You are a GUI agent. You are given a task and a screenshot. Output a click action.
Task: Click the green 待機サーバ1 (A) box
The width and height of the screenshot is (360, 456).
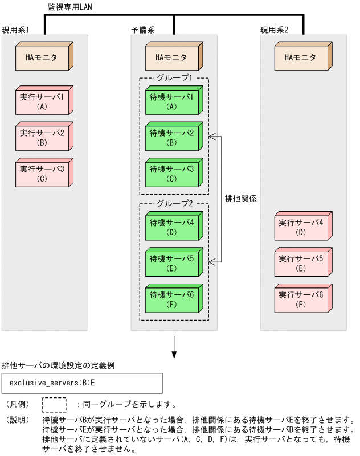[171, 101]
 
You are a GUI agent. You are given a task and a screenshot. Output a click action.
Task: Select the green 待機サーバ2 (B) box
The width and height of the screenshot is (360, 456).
[171, 137]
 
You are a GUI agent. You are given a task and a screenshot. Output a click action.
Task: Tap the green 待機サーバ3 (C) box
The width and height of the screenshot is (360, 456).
[171, 173]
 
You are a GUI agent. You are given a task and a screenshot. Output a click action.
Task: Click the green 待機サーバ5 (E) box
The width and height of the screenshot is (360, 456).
[171, 262]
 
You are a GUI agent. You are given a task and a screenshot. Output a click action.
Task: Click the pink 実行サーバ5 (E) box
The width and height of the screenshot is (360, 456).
[300, 262]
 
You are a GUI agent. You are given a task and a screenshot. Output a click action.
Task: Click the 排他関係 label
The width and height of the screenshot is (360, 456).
[242, 199]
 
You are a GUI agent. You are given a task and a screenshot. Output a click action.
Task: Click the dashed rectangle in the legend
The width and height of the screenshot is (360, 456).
[55, 405]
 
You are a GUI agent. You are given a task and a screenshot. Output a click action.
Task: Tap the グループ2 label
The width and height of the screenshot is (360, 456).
[174, 202]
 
